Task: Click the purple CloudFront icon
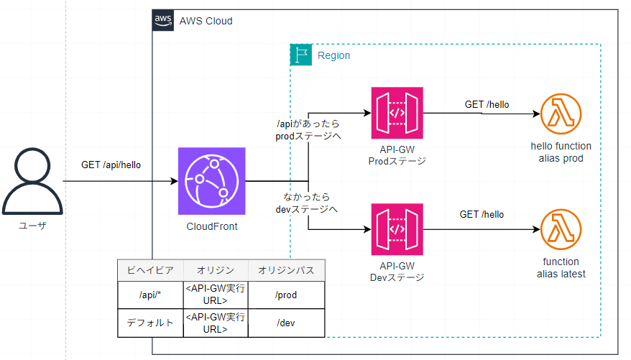point(212,181)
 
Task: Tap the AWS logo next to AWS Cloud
point(164,20)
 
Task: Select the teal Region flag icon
point(300,55)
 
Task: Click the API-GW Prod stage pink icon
point(397,113)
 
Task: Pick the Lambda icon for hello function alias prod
point(560,114)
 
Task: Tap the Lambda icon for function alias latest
point(560,230)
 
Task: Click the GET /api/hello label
point(111,165)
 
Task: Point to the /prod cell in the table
point(286,295)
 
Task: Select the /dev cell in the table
point(286,323)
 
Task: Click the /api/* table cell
point(149,295)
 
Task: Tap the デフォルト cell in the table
point(149,323)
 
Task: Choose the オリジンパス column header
point(286,269)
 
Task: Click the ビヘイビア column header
point(149,269)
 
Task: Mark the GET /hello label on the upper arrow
point(487,104)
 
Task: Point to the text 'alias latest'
point(560,274)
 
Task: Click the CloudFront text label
point(211,227)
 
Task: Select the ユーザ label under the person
point(31,226)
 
